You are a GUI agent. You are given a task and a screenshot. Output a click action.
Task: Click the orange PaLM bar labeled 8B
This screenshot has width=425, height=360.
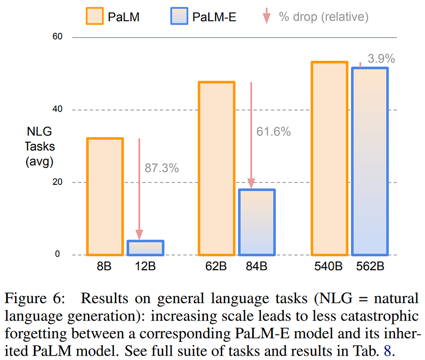(x=105, y=196)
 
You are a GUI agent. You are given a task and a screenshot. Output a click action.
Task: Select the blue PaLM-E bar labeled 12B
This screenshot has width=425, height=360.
(x=145, y=248)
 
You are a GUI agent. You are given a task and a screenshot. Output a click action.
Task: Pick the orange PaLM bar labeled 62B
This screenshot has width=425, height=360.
(x=217, y=168)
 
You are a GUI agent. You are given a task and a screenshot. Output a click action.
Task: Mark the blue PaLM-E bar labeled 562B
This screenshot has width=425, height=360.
(x=369, y=161)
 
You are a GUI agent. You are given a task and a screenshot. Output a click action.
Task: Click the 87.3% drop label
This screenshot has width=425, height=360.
(x=162, y=168)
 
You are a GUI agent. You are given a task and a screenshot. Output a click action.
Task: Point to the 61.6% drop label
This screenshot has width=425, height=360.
(x=274, y=131)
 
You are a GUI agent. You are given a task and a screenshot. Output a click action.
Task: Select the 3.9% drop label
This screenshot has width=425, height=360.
(x=381, y=59)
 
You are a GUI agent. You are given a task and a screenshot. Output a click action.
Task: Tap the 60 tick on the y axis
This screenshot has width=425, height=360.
(x=57, y=37)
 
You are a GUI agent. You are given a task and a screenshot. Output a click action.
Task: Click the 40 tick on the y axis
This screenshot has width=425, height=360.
(x=57, y=110)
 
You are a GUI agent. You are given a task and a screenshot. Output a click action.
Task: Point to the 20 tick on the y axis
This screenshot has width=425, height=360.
(x=57, y=182)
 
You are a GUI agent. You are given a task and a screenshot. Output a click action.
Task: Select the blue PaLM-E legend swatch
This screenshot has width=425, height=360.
(x=180, y=16)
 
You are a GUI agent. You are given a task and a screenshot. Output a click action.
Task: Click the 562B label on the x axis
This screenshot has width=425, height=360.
(x=369, y=266)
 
